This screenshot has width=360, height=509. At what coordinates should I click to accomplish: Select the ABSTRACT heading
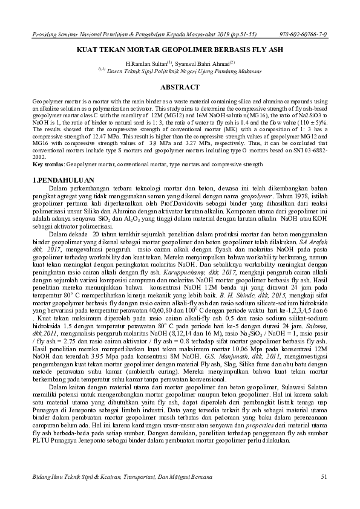[180, 87]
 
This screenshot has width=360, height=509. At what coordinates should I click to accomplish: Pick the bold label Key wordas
[48, 164]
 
